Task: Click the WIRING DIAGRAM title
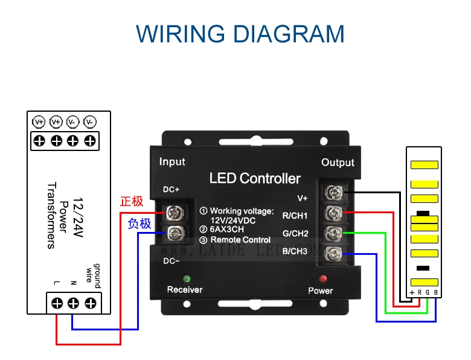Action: click(x=240, y=33)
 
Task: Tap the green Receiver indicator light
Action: click(x=187, y=278)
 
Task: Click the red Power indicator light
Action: click(x=324, y=278)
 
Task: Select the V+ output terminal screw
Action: click(x=332, y=193)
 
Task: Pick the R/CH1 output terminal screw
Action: click(x=332, y=213)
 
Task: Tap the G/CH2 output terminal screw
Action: click(x=332, y=233)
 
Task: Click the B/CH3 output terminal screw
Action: click(x=332, y=252)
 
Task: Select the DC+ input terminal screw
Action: click(x=175, y=211)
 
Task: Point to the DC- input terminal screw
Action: click(x=175, y=231)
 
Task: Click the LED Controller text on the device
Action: click(x=254, y=178)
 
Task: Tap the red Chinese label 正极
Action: click(x=132, y=202)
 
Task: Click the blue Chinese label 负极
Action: click(x=139, y=223)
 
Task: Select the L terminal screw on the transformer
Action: click(x=57, y=303)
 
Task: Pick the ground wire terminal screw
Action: click(x=91, y=303)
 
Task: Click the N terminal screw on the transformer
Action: click(x=74, y=303)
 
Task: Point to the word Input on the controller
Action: click(x=172, y=162)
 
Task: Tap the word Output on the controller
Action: click(x=338, y=162)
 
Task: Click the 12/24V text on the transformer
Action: click(x=78, y=214)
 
